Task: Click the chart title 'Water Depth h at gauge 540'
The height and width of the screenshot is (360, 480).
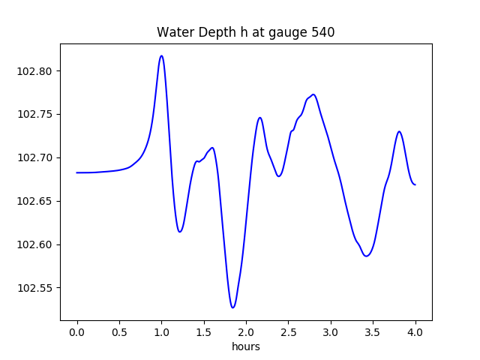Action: pos(245,32)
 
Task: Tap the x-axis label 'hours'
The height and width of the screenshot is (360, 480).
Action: pos(245,346)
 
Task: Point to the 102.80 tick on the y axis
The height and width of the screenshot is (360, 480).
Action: pos(37,71)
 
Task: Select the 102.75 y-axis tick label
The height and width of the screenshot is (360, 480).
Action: pos(37,115)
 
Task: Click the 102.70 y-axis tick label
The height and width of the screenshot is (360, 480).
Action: pos(37,158)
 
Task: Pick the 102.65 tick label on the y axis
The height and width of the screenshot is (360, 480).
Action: pos(37,202)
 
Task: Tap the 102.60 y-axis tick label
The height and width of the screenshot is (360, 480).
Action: pos(37,245)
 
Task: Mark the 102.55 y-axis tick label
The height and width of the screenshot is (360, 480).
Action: pos(37,289)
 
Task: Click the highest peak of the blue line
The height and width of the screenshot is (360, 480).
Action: pos(161,55)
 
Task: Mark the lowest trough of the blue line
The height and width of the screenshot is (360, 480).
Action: pos(233,307)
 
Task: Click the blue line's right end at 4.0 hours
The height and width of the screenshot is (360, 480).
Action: pos(415,184)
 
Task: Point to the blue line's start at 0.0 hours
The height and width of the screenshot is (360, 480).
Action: pos(77,172)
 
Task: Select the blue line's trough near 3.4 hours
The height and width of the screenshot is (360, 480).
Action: pos(367,256)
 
